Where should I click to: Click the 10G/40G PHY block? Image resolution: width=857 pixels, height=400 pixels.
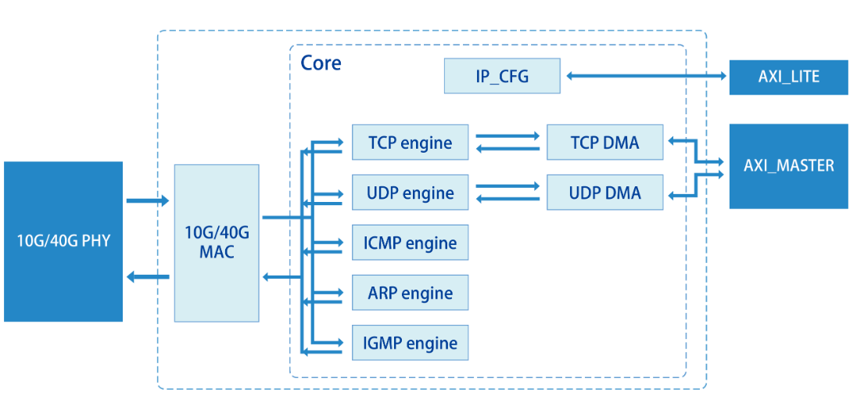click(x=63, y=241)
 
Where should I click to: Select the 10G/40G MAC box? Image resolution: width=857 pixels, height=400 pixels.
click(x=217, y=243)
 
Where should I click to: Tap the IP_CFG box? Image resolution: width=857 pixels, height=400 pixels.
click(x=502, y=76)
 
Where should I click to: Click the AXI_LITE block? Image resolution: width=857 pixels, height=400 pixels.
click(x=788, y=77)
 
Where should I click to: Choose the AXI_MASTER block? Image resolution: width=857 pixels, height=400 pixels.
click(x=788, y=166)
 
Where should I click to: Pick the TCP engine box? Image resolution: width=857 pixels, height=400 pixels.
click(x=410, y=142)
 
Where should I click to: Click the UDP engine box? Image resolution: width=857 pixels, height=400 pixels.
click(x=410, y=193)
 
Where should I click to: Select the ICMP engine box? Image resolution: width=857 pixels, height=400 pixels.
click(x=410, y=243)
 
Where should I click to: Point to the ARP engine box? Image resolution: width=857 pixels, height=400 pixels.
click(x=410, y=293)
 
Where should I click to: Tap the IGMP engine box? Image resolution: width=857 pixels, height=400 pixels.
click(x=410, y=343)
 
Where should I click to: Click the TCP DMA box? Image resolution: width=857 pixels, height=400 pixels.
click(x=604, y=142)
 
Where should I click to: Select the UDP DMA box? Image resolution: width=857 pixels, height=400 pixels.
click(x=604, y=193)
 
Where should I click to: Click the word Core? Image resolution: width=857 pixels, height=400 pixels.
click(x=321, y=63)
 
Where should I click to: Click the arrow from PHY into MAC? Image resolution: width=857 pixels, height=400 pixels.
click(x=148, y=201)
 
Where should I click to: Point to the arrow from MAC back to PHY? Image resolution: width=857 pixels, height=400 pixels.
click(x=148, y=276)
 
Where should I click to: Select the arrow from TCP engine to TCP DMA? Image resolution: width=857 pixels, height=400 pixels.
click(x=507, y=136)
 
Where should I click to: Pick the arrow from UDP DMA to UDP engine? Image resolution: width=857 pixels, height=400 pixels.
click(x=507, y=199)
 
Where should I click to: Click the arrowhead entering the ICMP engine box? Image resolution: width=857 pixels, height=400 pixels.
click(x=338, y=243)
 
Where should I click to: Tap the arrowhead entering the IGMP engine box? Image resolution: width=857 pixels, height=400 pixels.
click(x=338, y=343)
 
